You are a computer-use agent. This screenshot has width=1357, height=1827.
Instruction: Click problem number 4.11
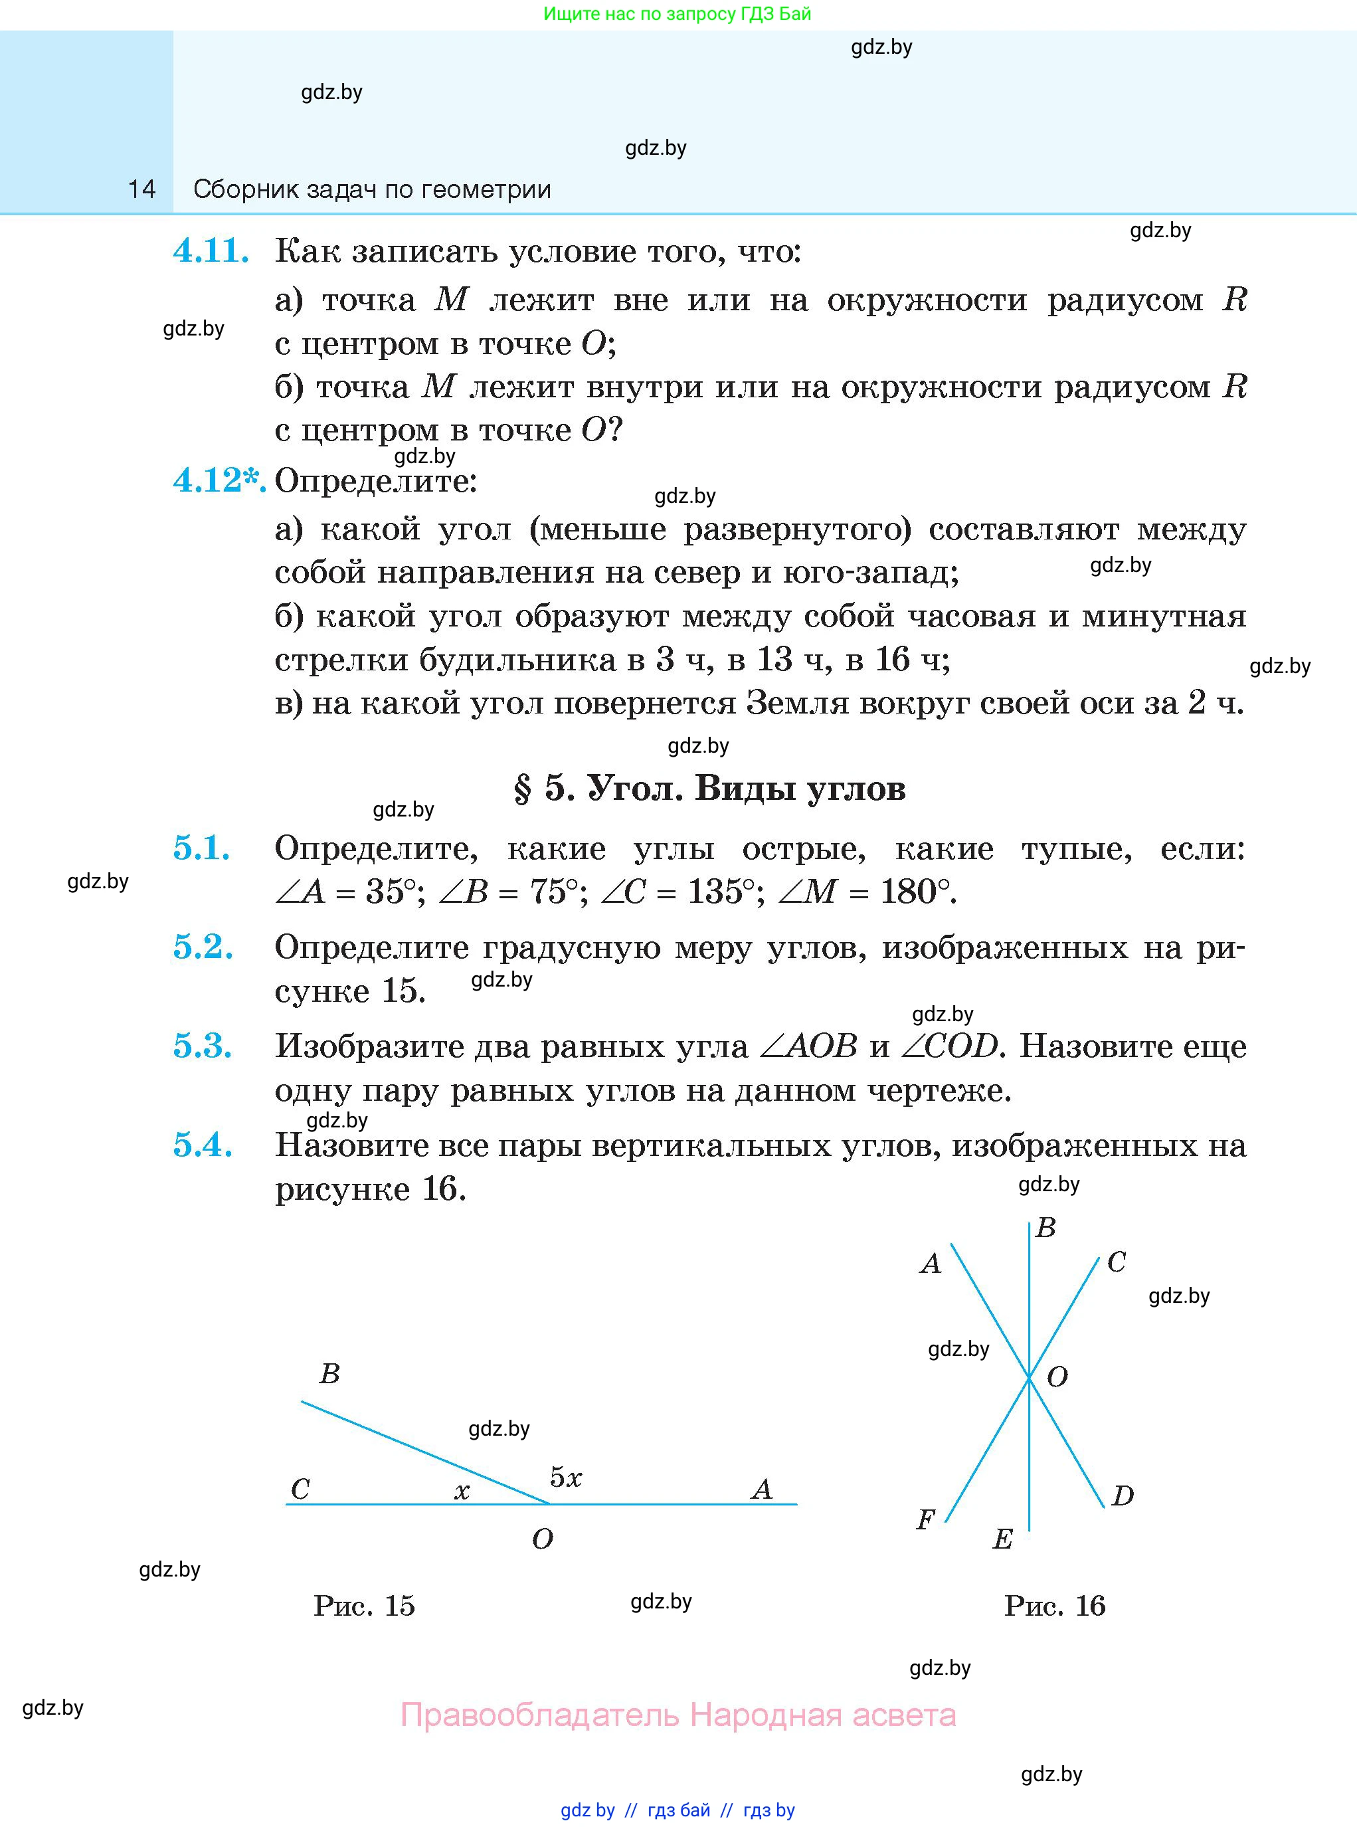point(211,250)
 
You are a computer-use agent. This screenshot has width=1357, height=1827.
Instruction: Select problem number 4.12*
point(218,480)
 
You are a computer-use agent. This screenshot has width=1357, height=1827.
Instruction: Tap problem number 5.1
point(201,848)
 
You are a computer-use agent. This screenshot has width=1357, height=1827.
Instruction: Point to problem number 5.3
point(202,1046)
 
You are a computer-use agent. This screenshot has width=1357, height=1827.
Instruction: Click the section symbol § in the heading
point(523,789)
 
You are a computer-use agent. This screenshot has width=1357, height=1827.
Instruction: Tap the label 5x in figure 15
point(565,1478)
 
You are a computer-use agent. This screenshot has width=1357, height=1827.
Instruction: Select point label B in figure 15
point(329,1373)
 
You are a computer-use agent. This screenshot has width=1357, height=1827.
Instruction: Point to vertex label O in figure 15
point(542,1539)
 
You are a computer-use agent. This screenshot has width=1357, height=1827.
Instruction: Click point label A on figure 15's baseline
point(761,1490)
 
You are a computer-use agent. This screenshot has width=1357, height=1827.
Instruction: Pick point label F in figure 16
point(925,1520)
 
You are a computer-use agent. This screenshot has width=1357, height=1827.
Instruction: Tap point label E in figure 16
point(1002,1539)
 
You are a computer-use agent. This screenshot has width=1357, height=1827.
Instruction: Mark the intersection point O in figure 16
point(1030,1378)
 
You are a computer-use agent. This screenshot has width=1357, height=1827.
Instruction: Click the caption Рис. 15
point(364,1606)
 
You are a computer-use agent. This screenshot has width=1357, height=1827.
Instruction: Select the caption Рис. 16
point(1054,1606)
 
